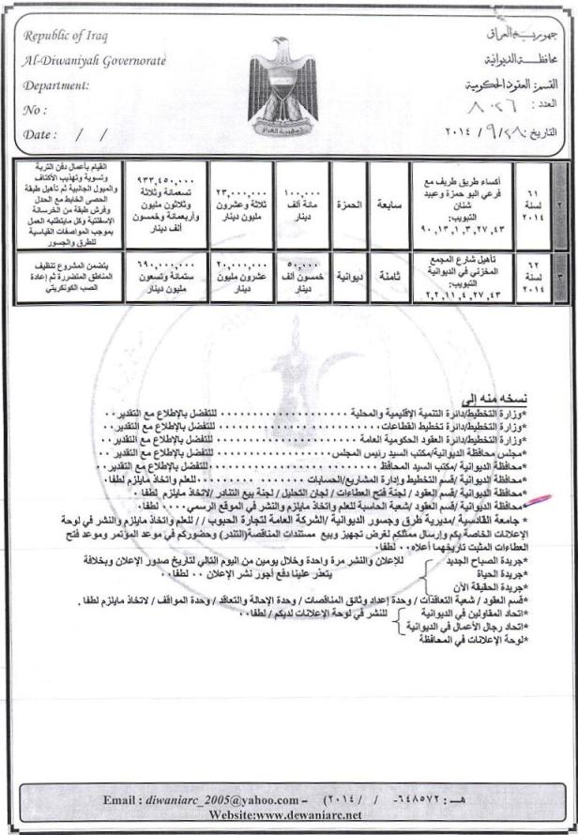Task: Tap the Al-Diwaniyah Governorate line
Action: tap(94, 62)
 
